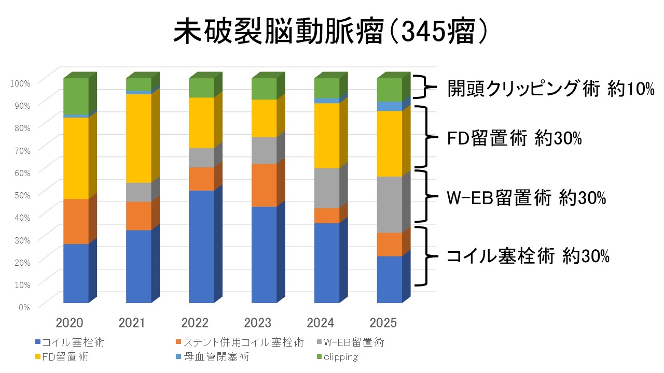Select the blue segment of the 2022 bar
201,246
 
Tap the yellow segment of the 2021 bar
139,138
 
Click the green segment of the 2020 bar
76,96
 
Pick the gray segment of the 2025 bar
390,204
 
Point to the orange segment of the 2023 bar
264,185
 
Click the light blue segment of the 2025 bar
390,106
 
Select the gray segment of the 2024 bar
327,188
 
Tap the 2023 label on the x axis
258,323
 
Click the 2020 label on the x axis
70,323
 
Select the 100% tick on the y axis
21,82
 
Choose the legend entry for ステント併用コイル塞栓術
240,342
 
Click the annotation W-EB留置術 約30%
526,198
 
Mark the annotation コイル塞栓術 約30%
528,256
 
